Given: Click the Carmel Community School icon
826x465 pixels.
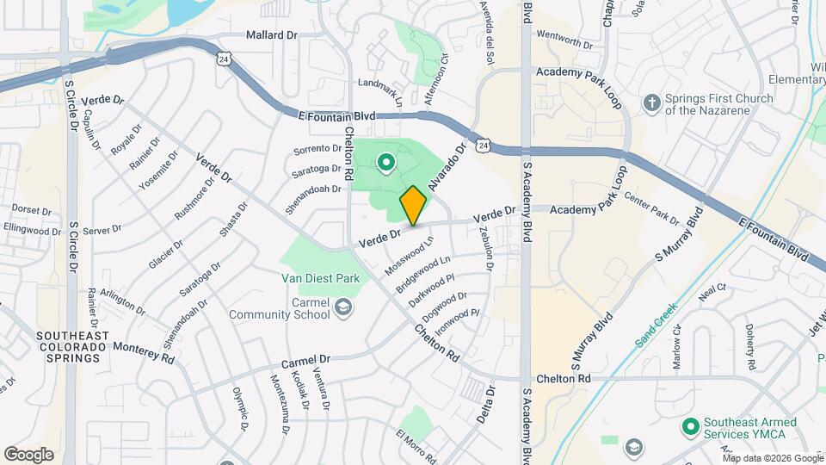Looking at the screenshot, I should (x=343, y=307).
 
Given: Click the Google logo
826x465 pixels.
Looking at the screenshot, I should (x=28, y=455).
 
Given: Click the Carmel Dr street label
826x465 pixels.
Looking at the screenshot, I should (x=305, y=359).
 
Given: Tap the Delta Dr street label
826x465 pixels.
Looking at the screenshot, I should (x=487, y=405).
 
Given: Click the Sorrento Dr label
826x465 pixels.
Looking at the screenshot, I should (x=317, y=149).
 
